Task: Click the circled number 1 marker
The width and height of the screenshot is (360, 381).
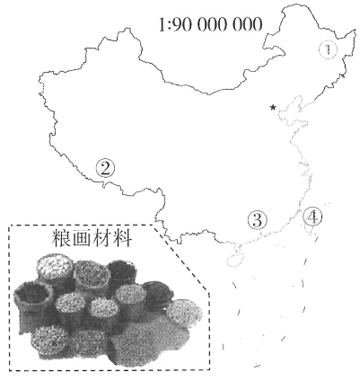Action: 328,49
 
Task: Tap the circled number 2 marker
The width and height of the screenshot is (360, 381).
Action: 105,168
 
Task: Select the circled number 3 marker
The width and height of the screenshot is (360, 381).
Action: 257,220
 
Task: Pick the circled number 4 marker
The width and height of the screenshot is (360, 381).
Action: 312,217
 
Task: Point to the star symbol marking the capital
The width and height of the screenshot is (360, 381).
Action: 273,107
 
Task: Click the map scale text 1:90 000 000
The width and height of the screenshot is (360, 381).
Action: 210,24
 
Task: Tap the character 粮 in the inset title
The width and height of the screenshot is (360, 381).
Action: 62,238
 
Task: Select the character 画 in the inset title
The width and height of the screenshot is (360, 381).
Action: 82,238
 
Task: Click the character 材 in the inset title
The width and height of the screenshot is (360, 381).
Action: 101,238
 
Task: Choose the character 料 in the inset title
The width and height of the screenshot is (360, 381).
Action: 122,238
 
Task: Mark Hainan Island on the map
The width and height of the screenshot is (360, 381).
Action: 235,261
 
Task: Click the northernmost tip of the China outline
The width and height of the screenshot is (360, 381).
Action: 288,4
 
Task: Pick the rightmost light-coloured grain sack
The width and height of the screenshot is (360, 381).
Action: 184,313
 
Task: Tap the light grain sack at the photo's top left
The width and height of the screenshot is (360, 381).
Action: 55,268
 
